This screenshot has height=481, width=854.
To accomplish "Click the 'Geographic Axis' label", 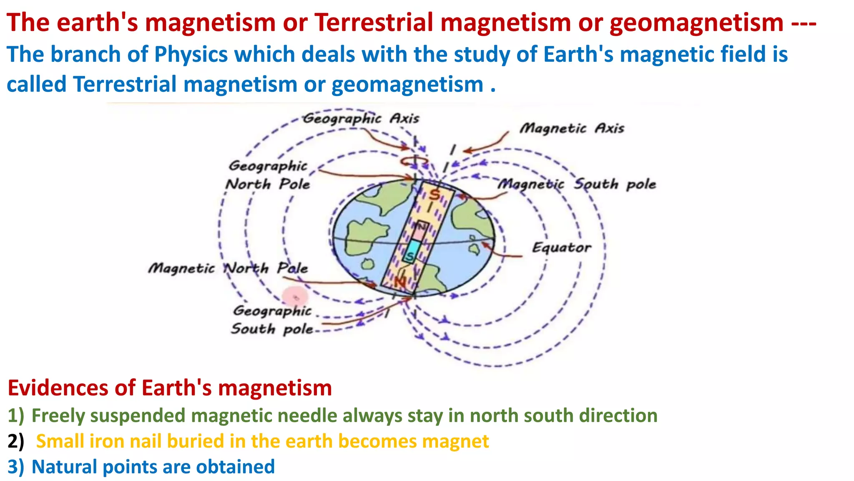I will coord(361,119).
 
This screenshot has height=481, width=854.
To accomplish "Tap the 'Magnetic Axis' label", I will coord(572,128).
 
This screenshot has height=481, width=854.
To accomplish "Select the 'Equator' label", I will coord(561,248).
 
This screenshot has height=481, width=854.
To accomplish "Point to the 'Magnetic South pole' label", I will coord(577,184).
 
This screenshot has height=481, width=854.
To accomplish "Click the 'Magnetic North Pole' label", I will coord(228,268).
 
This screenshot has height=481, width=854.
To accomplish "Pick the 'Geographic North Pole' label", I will coord(268,175).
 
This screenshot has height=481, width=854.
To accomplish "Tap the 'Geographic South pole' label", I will coord(272,320).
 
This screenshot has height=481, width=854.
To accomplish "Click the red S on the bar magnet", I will coord(435,194).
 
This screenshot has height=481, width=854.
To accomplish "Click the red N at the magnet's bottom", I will coord(400,282).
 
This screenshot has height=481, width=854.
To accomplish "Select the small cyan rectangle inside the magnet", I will coord(413,250).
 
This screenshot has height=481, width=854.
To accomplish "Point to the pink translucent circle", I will coord(295,297).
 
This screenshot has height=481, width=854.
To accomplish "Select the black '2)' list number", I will coord(16,441).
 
